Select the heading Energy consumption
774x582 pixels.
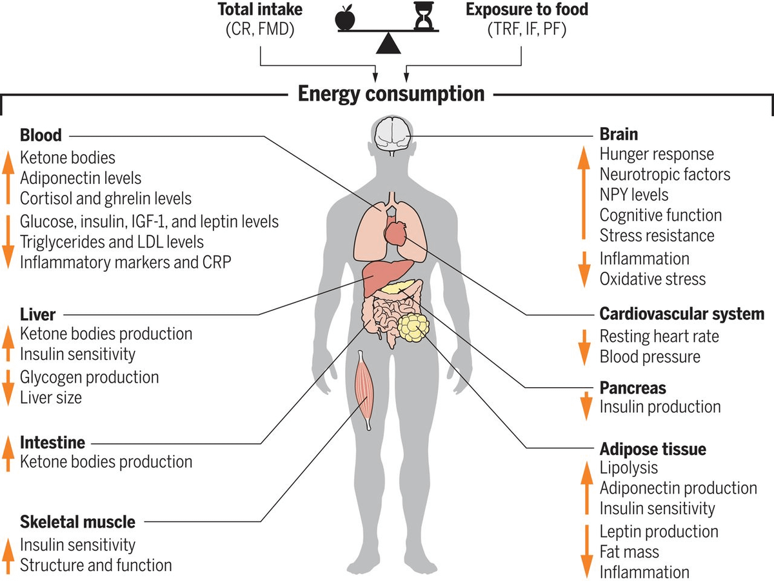(391, 94)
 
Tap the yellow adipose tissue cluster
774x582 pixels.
(413, 327)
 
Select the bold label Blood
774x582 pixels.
(41, 135)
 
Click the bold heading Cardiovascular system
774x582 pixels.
(682, 315)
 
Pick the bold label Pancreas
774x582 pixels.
(633, 388)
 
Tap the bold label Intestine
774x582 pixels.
(53, 443)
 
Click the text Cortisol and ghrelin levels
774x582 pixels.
(106, 198)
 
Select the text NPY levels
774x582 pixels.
(634, 194)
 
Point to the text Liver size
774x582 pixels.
(51, 397)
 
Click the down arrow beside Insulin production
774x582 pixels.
(585, 405)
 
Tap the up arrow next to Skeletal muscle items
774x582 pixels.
(8, 555)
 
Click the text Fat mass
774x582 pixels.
(629, 552)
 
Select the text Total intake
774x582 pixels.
(261, 10)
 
